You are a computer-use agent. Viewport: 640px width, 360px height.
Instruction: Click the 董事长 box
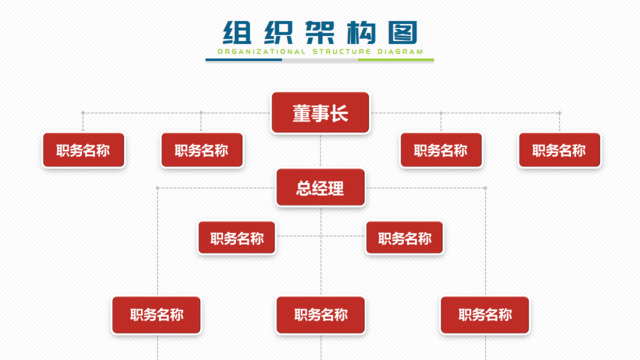pos(320,113)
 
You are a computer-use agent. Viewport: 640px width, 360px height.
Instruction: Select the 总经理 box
pos(320,188)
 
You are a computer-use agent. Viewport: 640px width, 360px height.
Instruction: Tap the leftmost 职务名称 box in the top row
pos(83,151)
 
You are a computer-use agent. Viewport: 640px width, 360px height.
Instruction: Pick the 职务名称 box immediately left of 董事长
pos(201,151)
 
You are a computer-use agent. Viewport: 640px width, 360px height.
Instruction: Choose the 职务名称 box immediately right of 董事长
pos(440,151)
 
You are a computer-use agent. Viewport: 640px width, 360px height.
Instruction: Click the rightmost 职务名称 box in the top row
pos(558,151)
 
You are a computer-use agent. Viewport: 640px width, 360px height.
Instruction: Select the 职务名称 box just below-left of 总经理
pos(237,238)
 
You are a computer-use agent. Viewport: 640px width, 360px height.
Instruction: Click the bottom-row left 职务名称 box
pos(156,315)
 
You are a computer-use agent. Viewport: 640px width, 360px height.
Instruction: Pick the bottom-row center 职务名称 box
pos(320,315)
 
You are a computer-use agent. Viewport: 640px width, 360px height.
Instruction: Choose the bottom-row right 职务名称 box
pos(485,315)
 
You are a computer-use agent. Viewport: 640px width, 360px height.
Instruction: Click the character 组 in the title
pos(235,31)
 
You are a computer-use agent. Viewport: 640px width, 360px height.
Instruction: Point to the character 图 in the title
pos(403,31)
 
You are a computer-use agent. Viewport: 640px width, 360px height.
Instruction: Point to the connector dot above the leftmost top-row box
pos(83,113)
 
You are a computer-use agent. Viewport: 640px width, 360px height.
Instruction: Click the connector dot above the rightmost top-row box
pos(558,113)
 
